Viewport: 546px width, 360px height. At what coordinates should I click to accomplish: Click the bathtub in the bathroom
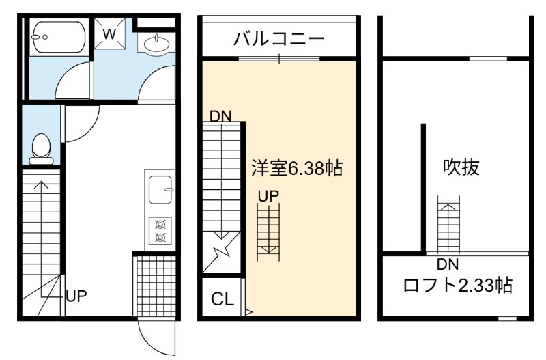tap(58, 37)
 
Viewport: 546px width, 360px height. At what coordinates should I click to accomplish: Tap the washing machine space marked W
tap(110, 33)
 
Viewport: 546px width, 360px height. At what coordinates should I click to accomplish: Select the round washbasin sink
tap(157, 44)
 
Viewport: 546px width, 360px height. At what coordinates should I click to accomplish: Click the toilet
tap(41, 149)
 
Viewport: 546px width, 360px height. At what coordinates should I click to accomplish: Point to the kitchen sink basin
tap(160, 190)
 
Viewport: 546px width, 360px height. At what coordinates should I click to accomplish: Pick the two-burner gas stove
tap(160, 230)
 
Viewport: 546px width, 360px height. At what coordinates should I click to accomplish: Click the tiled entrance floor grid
tap(156, 286)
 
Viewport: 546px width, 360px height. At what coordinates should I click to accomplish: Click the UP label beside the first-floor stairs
tap(76, 296)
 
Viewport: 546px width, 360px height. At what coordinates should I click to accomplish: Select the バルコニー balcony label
tap(278, 38)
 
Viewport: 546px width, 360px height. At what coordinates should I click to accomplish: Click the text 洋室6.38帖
tap(297, 168)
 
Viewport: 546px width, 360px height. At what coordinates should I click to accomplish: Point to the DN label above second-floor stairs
tap(220, 116)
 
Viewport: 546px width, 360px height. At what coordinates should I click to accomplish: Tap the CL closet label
tap(222, 299)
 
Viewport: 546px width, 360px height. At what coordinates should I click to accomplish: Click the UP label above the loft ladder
tap(268, 197)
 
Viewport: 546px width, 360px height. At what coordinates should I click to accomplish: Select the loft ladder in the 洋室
tap(268, 232)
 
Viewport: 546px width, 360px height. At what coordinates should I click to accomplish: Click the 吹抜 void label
tap(461, 167)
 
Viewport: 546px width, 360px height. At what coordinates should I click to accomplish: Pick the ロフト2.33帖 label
tap(457, 286)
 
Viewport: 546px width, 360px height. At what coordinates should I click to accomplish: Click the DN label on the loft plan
tap(448, 264)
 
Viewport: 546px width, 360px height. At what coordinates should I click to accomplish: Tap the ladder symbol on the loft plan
tap(448, 225)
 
